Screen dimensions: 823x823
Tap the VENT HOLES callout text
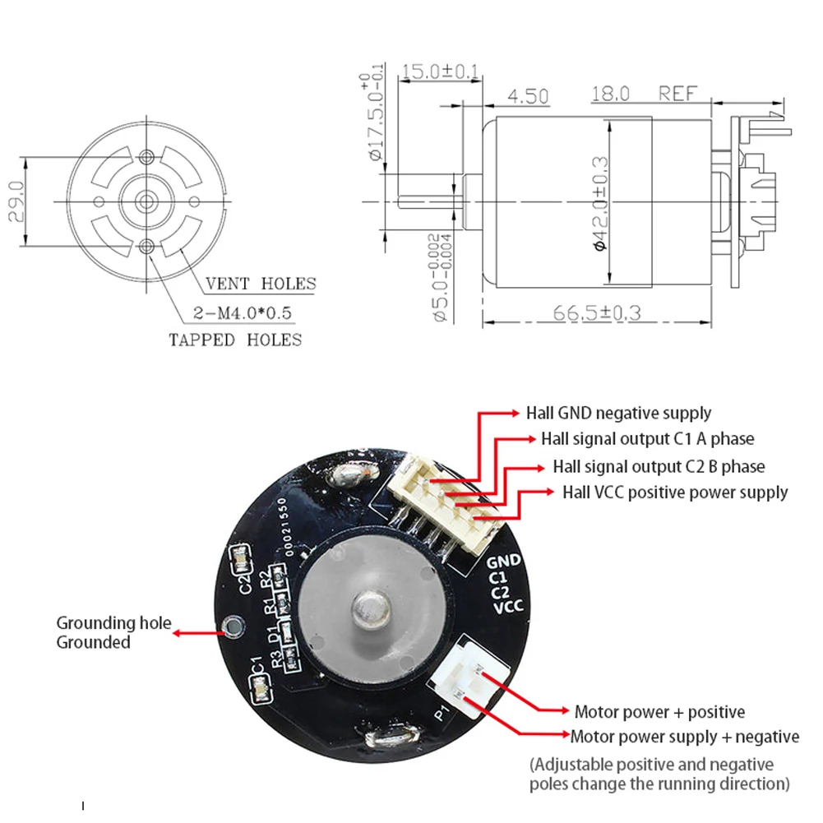(x=261, y=284)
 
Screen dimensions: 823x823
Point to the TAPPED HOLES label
(x=235, y=340)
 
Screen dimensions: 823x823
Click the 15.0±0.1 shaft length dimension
(x=438, y=72)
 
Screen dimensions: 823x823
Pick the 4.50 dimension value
(x=528, y=96)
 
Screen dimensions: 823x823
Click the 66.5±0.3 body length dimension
(x=597, y=313)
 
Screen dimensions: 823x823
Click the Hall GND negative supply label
(x=618, y=413)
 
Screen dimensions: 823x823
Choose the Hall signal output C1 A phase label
(x=647, y=439)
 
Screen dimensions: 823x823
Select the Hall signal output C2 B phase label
(x=659, y=466)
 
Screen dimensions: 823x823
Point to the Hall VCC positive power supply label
(x=675, y=492)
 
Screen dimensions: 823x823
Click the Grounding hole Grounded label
(x=113, y=632)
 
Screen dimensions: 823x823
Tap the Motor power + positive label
(x=659, y=711)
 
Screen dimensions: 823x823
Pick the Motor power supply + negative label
(x=684, y=736)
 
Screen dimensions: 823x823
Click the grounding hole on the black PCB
(x=236, y=627)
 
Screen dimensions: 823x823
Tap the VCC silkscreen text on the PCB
(x=506, y=607)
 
